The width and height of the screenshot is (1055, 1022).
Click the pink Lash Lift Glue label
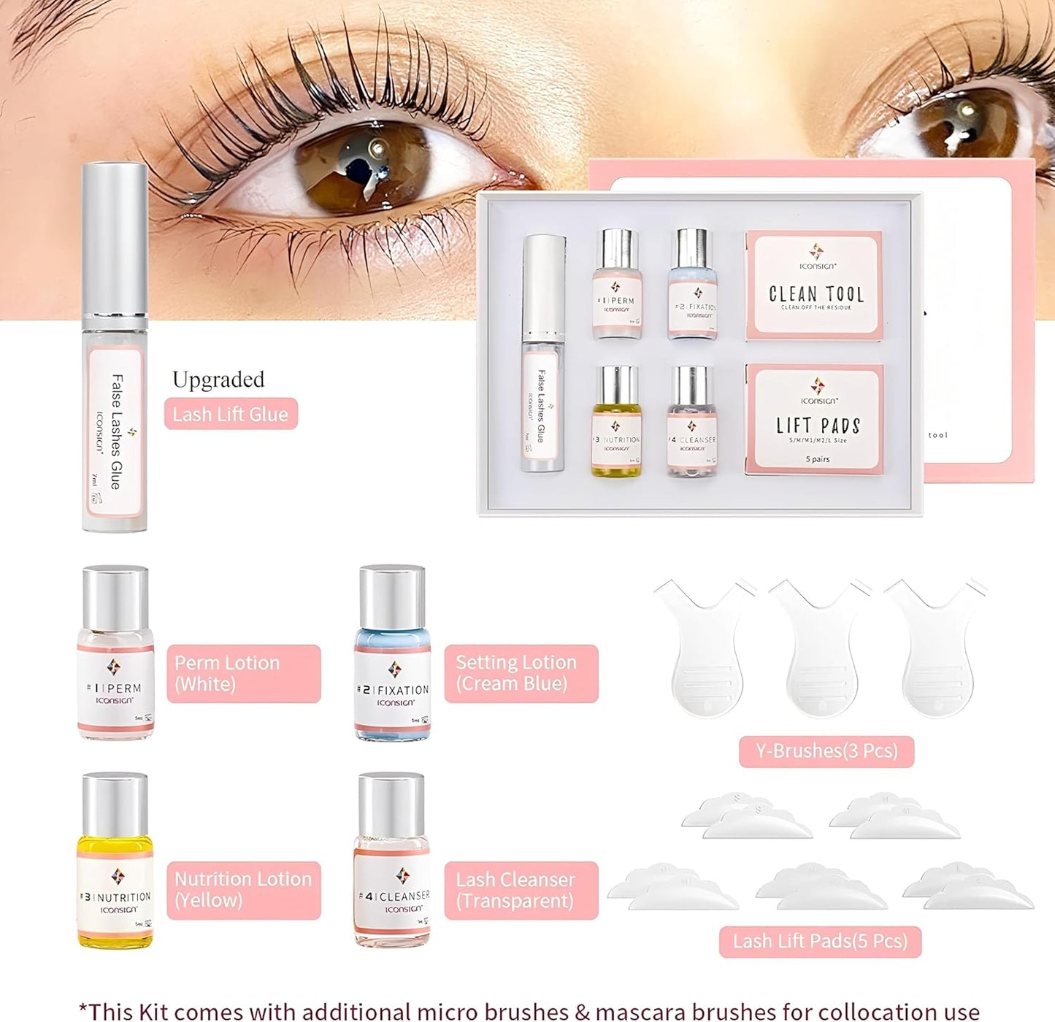point(231,414)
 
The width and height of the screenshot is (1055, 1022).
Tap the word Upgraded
point(218,380)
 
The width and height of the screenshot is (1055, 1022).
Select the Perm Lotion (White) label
point(243,673)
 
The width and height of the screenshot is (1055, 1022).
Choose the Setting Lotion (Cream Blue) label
point(521,673)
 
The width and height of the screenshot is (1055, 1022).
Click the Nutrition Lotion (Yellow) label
point(243,889)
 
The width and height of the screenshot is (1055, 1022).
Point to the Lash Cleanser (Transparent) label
point(521,890)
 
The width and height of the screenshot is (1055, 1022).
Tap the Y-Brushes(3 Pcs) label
point(826,751)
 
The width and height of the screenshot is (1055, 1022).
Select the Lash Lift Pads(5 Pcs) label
point(820,941)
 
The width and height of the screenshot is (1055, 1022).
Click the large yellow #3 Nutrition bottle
point(115,861)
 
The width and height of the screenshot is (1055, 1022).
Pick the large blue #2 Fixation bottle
point(392,653)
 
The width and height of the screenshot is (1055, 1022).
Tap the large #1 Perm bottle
point(115,653)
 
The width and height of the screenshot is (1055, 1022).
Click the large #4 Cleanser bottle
point(392,861)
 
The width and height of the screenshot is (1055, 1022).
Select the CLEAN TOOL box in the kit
point(815,285)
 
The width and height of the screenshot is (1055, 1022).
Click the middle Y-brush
point(820,646)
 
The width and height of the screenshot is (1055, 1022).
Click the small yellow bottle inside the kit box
point(616,422)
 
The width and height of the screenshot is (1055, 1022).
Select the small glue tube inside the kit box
point(544,354)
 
